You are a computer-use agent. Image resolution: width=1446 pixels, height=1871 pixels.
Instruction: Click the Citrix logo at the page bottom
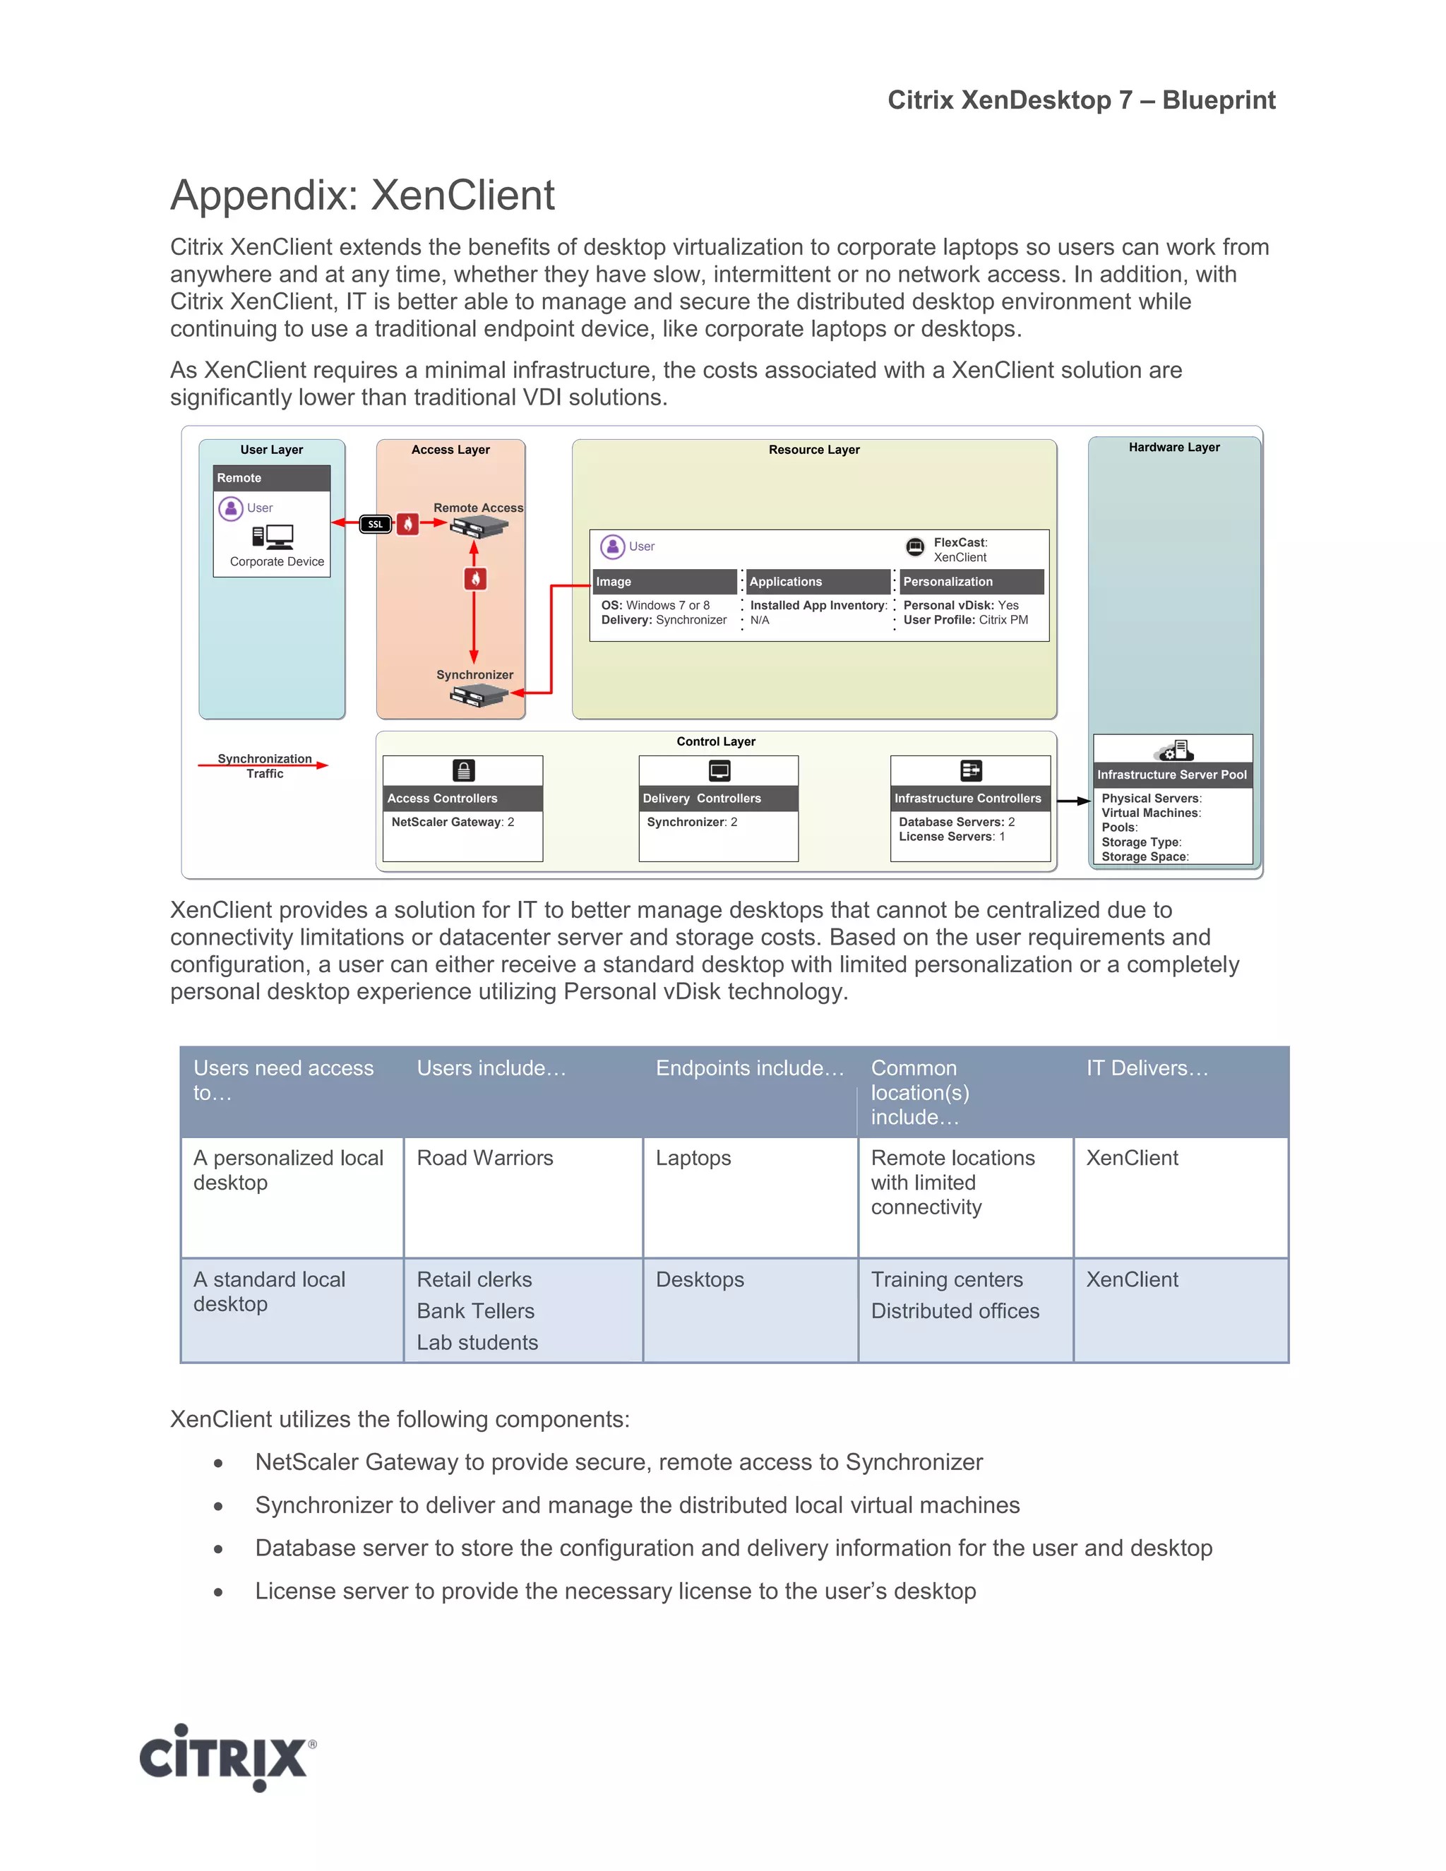[227, 1757]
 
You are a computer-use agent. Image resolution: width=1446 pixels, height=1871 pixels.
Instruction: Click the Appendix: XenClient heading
[362, 196]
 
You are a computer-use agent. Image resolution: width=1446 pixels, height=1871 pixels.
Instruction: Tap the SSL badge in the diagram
[375, 525]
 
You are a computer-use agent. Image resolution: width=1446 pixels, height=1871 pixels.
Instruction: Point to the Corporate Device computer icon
[273, 537]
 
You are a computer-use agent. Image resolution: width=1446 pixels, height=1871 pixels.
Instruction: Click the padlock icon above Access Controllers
[463, 770]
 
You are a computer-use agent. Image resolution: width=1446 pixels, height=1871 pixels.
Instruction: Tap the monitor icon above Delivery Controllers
[719, 770]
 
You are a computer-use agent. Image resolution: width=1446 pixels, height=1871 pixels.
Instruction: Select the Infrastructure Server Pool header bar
[1172, 775]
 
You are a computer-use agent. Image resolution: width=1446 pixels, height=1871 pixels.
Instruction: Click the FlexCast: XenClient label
[960, 549]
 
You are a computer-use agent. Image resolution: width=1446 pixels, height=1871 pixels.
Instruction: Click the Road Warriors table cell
[485, 1158]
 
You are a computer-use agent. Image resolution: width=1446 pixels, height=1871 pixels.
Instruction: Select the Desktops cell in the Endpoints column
[700, 1280]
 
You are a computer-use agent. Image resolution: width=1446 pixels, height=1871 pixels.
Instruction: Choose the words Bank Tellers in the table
[475, 1312]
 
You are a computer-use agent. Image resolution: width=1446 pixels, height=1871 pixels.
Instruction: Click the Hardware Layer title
[1173, 447]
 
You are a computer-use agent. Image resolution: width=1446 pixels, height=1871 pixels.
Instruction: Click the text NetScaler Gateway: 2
[453, 822]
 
